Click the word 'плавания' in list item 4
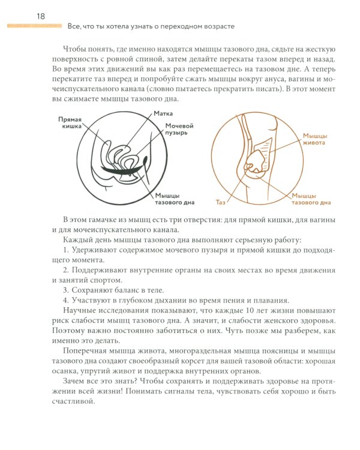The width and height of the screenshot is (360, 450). point(272,301)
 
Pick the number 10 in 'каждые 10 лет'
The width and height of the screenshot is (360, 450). point(226,311)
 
